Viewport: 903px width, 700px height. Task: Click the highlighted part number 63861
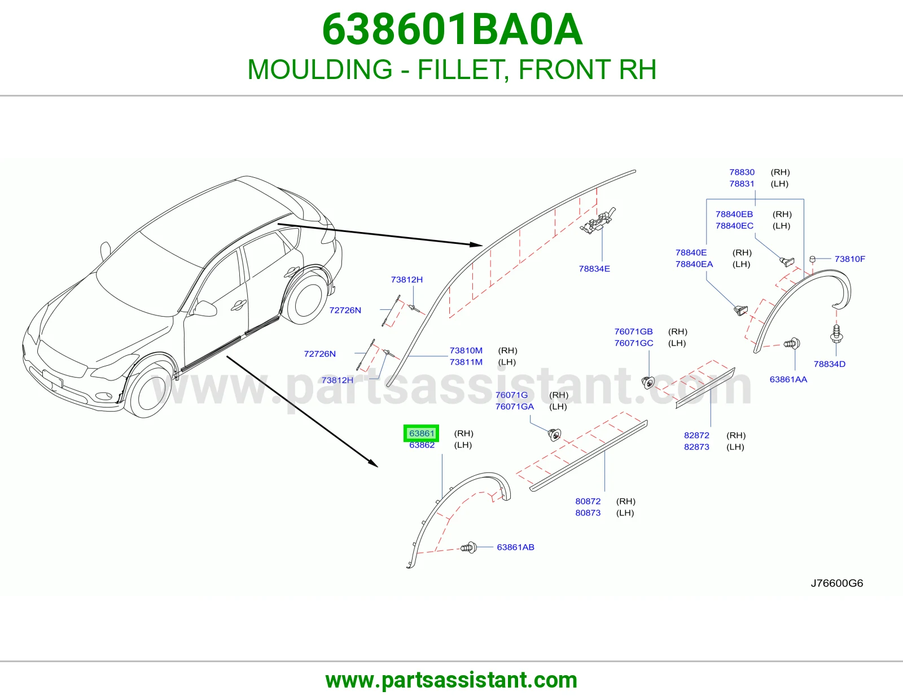[x=422, y=433]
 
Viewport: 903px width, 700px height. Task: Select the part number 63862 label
[x=422, y=445]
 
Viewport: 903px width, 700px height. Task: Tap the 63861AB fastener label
[x=515, y=547]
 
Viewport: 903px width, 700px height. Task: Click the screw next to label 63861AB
[x=469, y=548]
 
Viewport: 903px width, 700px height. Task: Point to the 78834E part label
[x=594, y=269]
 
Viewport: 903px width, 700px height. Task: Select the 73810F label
[x=850, y=259]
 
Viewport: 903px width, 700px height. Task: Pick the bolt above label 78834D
[x=836, y=334]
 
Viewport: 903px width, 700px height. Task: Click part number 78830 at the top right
[x=742, y=172]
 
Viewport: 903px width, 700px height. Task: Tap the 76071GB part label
[x=633, y=331]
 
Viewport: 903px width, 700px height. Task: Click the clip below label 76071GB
[x=648, y=382]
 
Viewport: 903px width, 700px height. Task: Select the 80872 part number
[x=588, y=501]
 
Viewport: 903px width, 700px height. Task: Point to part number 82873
[x=696, y=447]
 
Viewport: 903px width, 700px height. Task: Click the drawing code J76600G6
[x=837, y=583]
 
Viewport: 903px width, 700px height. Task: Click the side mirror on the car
[x=205, y=308]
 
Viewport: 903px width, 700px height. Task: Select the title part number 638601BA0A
[x=452, y=29]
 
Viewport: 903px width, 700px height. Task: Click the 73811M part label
[x=466, y=362]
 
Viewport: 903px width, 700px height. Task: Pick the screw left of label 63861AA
[x=792, y=344]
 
